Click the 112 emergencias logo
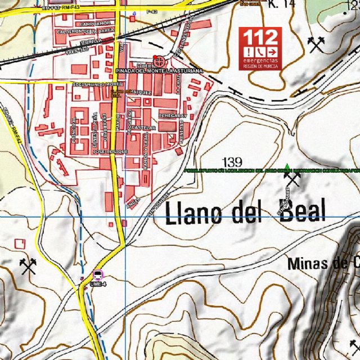tap(260, 48)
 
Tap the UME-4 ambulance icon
tap(98, 274)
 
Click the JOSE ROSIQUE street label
tap(110, 152)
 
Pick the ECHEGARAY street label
tap(172, 115)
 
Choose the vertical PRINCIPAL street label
tap(74, 129)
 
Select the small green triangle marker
tap(287, 166)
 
